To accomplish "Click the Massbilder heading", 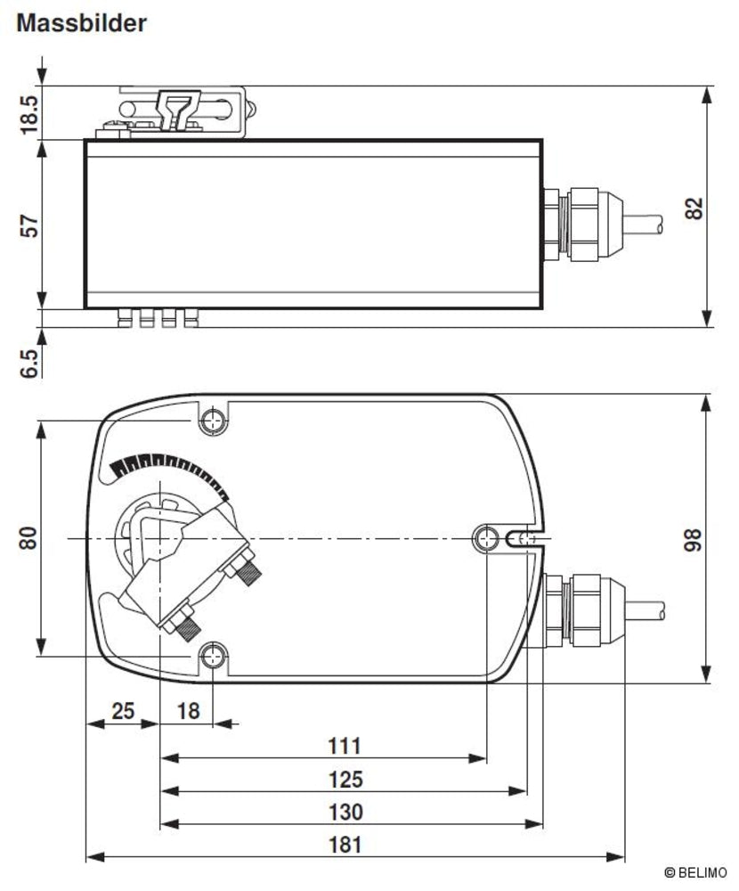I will point(81,23).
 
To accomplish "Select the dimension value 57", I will point(29,226).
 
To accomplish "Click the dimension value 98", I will point(694,539).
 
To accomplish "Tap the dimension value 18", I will point(188,710).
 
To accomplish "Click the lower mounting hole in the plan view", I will point(213,658).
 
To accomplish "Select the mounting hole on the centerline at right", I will point(487,537).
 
